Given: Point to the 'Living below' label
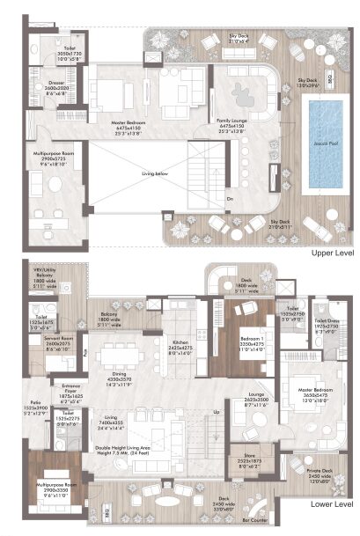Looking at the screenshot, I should pos(155,174).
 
